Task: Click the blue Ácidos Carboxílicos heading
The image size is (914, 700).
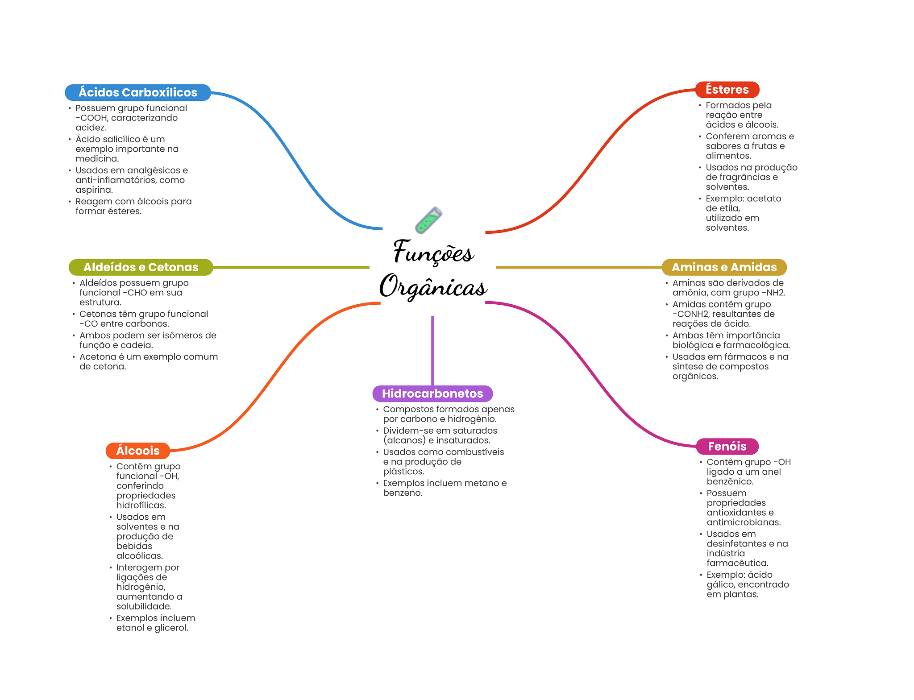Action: coord(137,92)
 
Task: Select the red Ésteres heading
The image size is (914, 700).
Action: coord(727,90)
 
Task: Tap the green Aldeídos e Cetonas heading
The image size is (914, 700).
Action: coord(141,267)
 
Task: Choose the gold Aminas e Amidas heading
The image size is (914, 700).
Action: coord(724,267)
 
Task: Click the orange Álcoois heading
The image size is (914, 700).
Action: coord(137,451)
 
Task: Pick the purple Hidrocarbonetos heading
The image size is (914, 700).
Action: coord(432,393)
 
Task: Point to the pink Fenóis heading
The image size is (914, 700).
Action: coord(727,446)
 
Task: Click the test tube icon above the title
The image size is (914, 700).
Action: coord(428,220)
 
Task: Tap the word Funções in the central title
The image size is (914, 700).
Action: coord(432,252)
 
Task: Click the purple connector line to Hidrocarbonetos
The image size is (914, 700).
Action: coord(432,350)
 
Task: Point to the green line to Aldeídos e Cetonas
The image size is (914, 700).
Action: coord(290,267)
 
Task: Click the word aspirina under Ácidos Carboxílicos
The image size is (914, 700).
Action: coord(94,190)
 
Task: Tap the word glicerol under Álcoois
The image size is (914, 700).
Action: coord(171,628)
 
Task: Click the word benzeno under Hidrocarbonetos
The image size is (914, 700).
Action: coord(402,493)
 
